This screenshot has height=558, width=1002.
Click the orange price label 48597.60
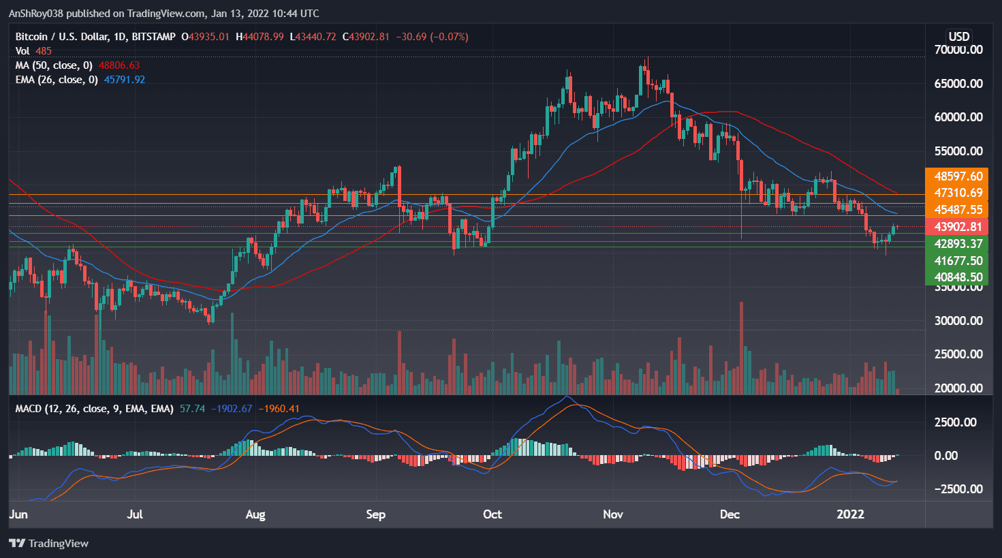pos(958,176)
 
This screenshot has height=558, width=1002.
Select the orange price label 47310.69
pos(958,193)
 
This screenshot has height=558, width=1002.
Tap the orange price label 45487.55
pos(958,210)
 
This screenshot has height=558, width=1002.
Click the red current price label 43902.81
pos(958,227)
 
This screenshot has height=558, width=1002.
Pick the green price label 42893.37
pos(958,244)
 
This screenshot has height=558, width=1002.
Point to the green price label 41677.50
pos(958,261)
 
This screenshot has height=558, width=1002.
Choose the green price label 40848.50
pos(958,277)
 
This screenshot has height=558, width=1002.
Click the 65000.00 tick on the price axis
pos(958,84)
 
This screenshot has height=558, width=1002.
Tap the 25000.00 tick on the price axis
pos(958,354)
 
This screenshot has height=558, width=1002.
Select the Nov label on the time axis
pos(613,514)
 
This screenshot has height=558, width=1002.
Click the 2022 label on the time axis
pos(850,514)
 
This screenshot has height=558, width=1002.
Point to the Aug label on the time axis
pos(255,514)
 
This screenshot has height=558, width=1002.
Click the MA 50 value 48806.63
pos(119,65)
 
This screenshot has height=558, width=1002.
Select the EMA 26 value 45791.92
pos(125,80)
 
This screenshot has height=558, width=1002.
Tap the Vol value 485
pos(44,51)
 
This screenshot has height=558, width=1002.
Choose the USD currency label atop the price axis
pos(958,37)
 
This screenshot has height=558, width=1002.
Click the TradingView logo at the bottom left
pos(49,543)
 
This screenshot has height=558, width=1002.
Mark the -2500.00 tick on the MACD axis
pos(958,489)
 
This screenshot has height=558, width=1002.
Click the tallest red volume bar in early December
pos(741,347)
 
